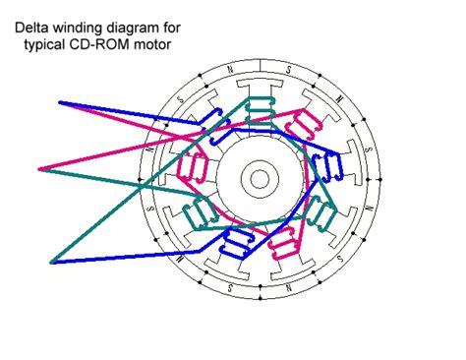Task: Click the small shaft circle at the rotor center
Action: [x=260, y=178]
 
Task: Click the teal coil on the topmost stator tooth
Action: [x=262, y=108]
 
